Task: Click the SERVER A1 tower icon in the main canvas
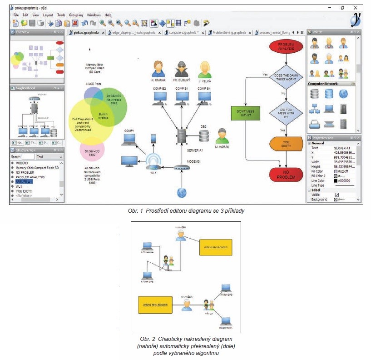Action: tap(182, 135)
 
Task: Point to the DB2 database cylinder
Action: tap(204, 135)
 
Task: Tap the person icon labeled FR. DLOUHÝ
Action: tap(181, 69)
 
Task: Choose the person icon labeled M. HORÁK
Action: tap(222, 135)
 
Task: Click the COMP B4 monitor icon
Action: tap(204, 97)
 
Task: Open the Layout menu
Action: tap(48, 15)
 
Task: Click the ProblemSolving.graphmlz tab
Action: tap(230, 33)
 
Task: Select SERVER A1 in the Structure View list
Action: tap(25, 181)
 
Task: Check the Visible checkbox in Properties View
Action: tap(336, 195)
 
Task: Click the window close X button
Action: tap(355, 8)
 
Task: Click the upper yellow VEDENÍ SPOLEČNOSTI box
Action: tap(216, 247)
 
